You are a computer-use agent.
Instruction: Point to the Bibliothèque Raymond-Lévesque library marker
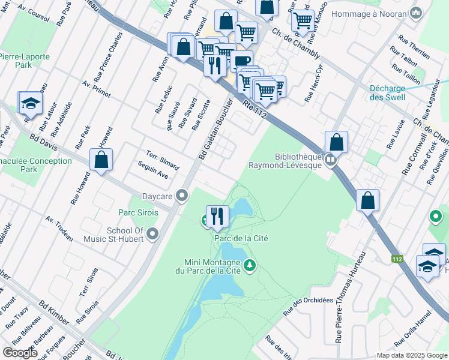point(330,160)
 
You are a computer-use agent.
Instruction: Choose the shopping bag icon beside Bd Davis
point(101,160)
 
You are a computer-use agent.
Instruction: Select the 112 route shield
point(397,259)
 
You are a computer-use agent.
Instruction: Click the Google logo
point(20,352)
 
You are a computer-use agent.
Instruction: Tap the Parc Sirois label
point(137,213)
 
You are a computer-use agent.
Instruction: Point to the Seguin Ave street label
point(152,169)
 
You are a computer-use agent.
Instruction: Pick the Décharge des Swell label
point(387,93)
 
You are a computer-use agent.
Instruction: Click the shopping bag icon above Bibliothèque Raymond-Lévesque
point(337,142)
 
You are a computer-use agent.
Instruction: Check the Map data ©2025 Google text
point(412,355)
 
